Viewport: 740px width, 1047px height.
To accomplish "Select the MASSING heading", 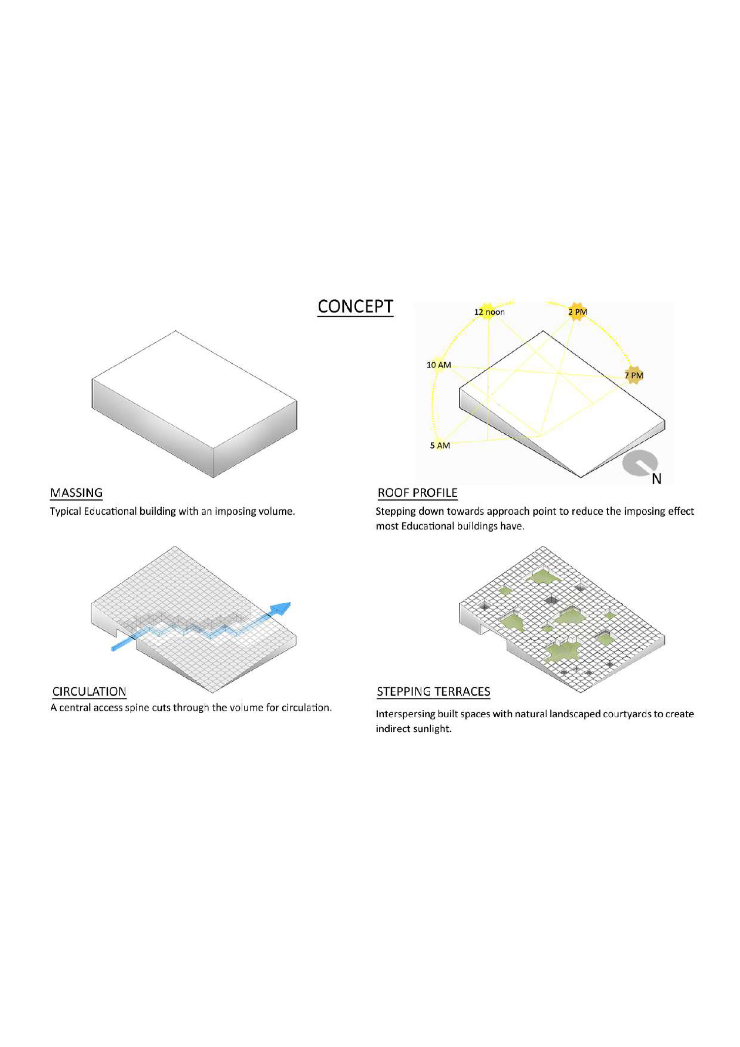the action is point(76,493).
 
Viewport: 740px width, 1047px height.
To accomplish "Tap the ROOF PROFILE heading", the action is point(417,493).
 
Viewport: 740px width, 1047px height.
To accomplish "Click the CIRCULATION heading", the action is point(90,692).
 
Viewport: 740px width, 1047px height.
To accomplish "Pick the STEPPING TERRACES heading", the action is point(433,692).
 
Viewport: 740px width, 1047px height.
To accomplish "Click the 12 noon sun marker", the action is point(488,312).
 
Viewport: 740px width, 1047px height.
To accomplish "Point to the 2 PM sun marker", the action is point(577,312).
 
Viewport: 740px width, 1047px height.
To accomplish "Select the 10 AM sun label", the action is point(438,365).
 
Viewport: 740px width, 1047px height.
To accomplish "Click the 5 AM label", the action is point(440,445).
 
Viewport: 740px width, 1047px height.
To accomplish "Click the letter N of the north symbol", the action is point(656,479).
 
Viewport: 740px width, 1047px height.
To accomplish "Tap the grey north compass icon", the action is point(640,464).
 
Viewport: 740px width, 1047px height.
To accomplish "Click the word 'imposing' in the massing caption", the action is point(234,512).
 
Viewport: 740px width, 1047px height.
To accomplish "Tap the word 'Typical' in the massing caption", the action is point(65,512).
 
